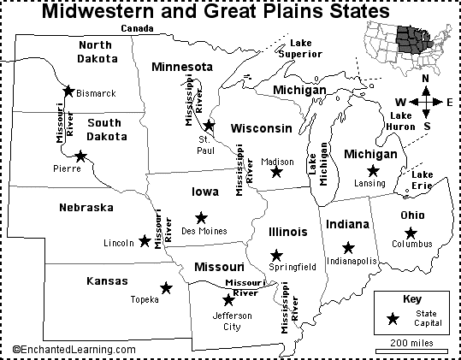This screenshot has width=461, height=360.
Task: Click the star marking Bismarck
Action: tap(68, 90)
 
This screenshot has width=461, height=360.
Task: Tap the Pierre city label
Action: tap(66, 168)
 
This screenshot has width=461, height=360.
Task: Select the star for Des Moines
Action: tap(201, 217)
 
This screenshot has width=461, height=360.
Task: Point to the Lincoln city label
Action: tap(117, 243)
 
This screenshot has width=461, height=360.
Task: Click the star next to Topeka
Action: tap(166, 288)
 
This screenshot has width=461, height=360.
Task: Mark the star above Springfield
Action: tap(275, 255)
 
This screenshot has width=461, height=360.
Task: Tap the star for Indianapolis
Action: tap(348, 247)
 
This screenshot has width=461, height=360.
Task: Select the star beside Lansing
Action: tap(373, 171)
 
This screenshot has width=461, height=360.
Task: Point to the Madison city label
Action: tap(277, 161)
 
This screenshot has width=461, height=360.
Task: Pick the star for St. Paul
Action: tap(209, 126)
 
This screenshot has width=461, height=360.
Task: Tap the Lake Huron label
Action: tap(403, 120)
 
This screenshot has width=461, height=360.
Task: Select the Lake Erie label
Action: tap(422, 180)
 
